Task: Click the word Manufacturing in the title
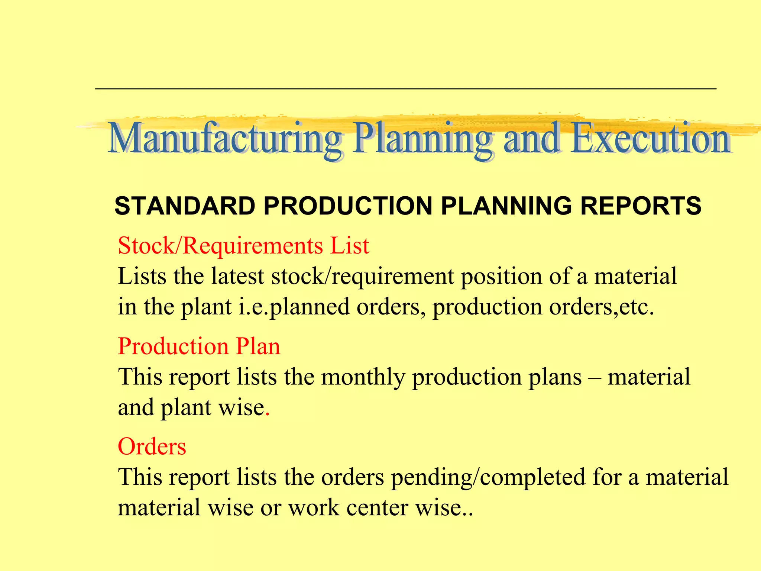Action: coord(224,138)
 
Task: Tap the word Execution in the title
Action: coord(651,138)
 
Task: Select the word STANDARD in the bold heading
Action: coord(185,206)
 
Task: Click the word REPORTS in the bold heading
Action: coord(641,206)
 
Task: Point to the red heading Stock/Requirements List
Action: coord(243,246)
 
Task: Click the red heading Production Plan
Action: coord(199,346)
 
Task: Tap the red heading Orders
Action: coord(152,446)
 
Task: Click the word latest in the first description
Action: coord(237,276)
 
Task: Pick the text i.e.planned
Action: coord(294,307)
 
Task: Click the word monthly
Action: coord(363,377)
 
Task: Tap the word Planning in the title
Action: coord(423,138)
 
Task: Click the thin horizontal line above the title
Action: coord(405,88)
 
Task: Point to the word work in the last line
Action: coord(314,508)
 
